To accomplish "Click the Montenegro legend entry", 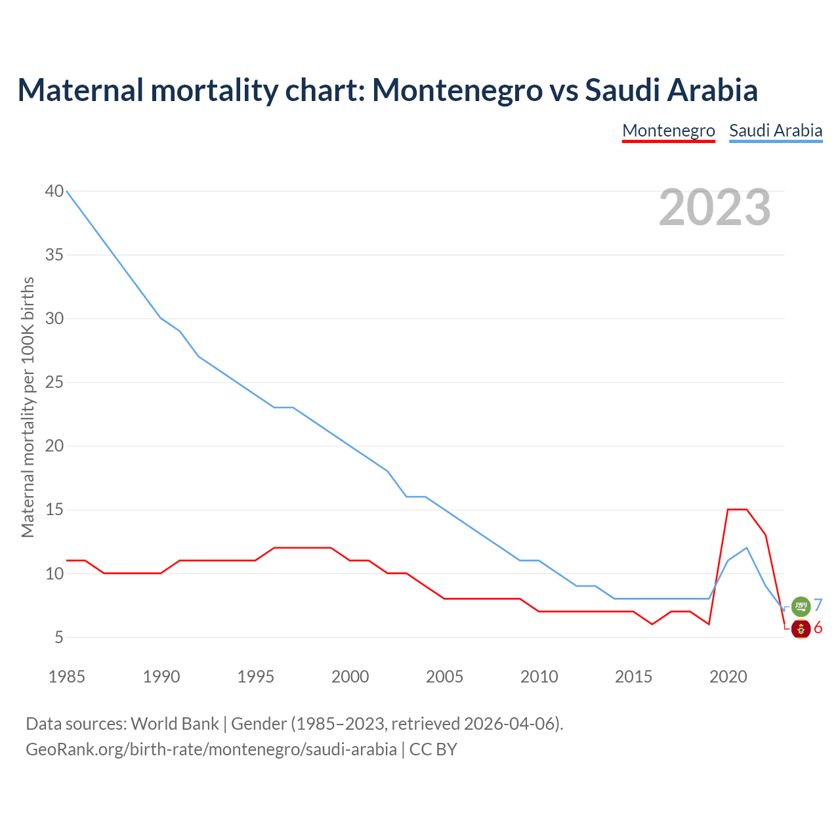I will pos(668,131).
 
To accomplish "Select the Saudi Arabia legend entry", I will pos(776,131).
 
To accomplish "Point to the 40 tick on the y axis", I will pos(54,191).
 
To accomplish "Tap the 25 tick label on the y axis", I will pos(54,382).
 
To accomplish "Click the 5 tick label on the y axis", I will pos(59,637).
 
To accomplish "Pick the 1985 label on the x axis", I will pos(67,677).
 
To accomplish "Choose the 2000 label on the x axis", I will pos(350,677).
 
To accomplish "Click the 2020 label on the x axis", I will pos(728,677).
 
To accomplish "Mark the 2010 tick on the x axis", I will pos(539,677).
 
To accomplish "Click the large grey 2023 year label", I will pos(715,207).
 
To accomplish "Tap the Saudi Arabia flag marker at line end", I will pos(801,606).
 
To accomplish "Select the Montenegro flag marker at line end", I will pos(801,629).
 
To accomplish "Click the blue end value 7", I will pos(818,605).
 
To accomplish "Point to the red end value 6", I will pos(818,628).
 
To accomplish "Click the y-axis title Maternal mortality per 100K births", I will pos(28,407).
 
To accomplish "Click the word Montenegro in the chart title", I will pos(457,90).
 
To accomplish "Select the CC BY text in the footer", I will pos(433,749).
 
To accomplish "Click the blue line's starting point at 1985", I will pos(67,191).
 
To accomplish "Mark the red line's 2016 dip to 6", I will pos(652,624).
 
